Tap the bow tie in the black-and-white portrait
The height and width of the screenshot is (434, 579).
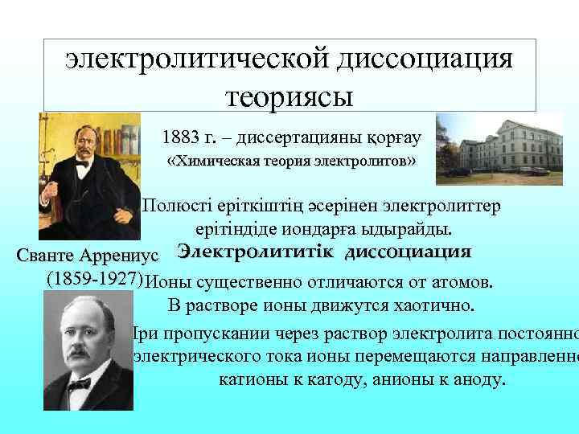click(x=80, y=384)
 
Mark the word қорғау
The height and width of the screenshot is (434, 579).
click(x=392, y=138)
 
